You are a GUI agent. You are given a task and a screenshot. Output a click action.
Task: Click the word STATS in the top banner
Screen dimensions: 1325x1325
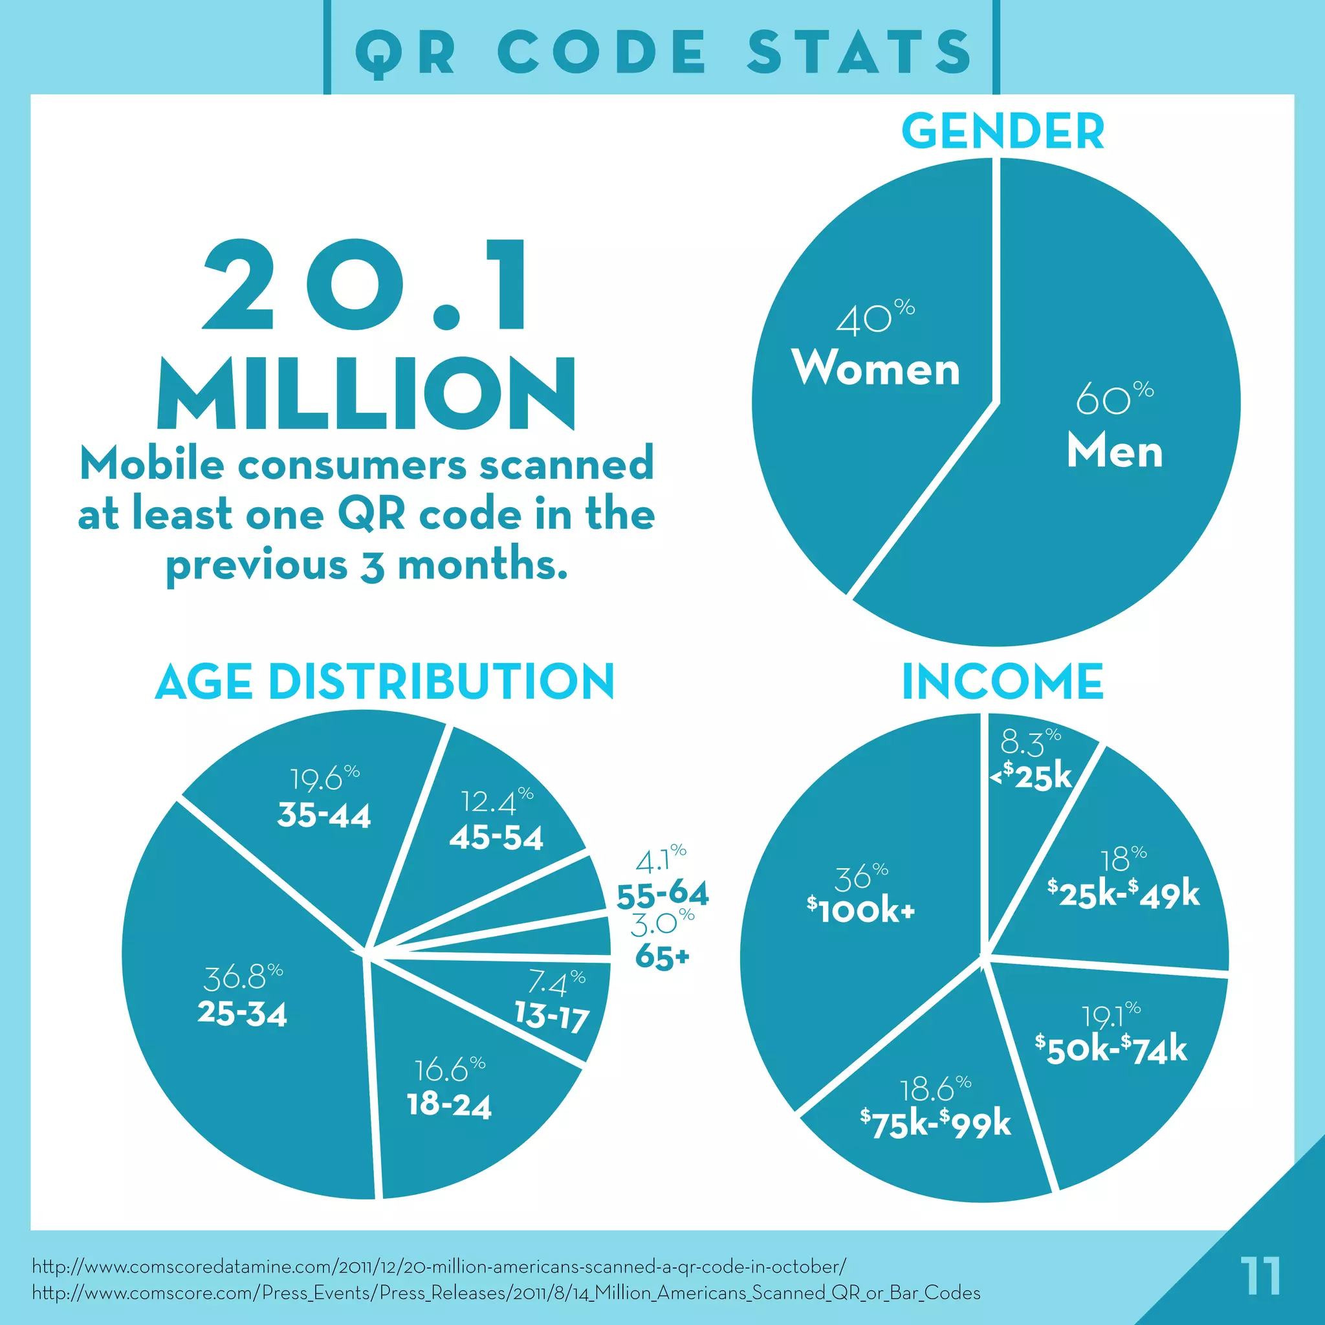[x=859, y=52]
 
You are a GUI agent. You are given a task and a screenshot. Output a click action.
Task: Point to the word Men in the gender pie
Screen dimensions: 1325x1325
[x=1115, y=453]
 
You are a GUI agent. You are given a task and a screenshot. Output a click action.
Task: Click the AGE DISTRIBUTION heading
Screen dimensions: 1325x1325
[x=385, y=682]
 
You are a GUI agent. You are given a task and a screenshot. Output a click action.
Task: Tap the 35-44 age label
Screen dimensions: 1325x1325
[x=323, y=815]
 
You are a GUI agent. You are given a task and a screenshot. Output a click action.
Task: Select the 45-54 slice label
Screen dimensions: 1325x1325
[x=496, y=837]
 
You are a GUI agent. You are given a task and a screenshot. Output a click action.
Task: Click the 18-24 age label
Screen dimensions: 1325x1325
[x=449, y=1105]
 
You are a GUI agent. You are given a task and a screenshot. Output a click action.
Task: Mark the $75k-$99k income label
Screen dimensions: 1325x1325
[x=936, y=1123]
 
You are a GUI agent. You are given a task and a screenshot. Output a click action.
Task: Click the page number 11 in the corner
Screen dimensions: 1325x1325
[x=1260, y=1276]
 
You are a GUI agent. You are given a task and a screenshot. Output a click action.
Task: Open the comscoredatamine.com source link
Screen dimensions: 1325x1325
[x=439, y=1266]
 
